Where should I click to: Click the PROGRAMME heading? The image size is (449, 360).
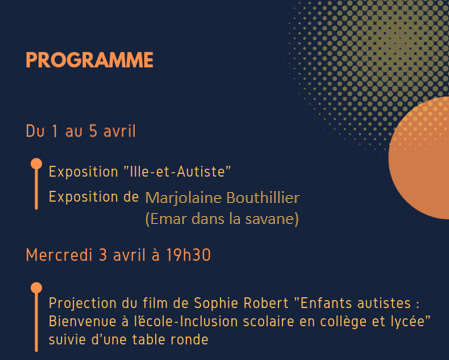point(89,60)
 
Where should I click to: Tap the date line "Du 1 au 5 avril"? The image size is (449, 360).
point(81,131)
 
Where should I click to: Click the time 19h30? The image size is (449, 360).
point(188,255)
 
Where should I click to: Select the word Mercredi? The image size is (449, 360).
point(59,255)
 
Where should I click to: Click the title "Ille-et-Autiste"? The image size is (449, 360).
point(177,172)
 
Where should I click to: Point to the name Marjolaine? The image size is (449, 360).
point(184,198)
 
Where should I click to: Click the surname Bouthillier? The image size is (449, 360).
point(263,198)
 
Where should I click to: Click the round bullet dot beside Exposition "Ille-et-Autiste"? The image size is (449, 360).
point(36,164)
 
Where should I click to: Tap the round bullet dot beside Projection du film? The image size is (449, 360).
point(36,288)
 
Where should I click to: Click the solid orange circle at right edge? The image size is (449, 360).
point(421,158)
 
